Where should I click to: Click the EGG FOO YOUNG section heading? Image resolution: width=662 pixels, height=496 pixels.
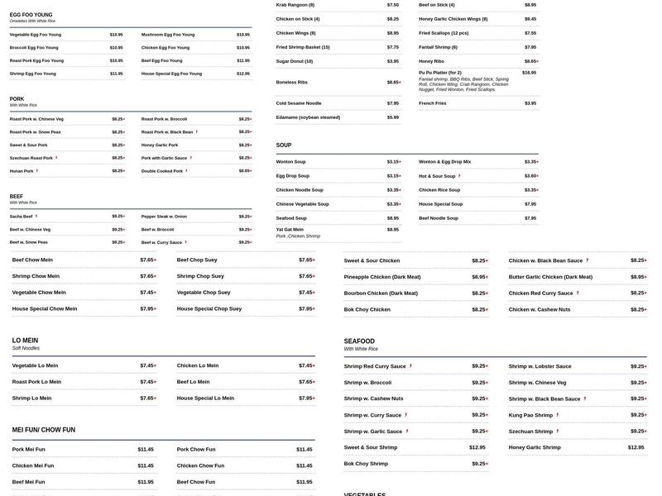(31, 15)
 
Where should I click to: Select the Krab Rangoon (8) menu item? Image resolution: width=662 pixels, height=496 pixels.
(295, 5)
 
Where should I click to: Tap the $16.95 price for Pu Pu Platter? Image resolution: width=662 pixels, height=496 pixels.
(529, 73)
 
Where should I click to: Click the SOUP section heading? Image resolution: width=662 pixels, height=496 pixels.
(284, 145)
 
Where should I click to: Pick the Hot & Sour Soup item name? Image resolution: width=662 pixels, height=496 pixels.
(437, 176)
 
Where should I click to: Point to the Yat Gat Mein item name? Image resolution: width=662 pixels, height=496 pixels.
(290, 230)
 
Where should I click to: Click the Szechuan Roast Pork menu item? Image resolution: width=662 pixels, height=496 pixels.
(31, 158)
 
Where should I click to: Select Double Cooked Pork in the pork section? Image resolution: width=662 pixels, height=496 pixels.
(161, 171)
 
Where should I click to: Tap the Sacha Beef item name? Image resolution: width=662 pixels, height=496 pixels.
(22, 217)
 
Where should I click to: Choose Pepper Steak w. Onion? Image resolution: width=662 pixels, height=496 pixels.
(164, 217)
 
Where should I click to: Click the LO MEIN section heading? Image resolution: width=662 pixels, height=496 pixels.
(25, 341)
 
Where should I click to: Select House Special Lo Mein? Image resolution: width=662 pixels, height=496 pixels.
(205, 398)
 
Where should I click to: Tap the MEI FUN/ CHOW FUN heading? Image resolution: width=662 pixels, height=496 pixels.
(43, 430)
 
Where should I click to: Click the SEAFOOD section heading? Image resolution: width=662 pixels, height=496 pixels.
(359, 341)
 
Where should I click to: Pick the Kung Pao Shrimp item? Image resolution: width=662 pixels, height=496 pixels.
(530, 415)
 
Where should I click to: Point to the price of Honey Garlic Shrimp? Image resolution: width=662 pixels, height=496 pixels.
(636, 447)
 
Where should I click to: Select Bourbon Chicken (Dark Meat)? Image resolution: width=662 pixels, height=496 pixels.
(381, 293)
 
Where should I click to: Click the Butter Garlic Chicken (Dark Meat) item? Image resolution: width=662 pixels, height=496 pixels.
(550, 277)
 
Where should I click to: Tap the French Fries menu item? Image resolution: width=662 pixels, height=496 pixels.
(432, 103)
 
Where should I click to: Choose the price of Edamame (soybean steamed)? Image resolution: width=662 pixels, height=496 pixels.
(392, 117)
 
